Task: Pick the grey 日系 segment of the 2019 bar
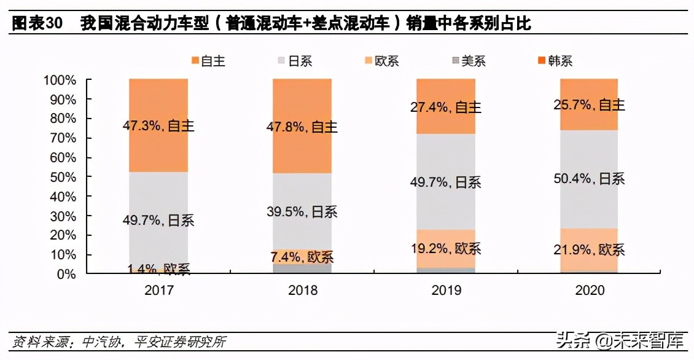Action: [x=445, y=203]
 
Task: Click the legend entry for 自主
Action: [x=208, y=61]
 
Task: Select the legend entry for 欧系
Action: [x=382, y=61]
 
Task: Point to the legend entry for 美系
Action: [x=469, y=61]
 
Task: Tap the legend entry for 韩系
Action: [x=555, y=61]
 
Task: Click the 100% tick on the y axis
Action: [x=60, y=80]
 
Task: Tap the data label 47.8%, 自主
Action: [x=302, y=127]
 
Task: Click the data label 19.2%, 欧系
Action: [x=445, y=248]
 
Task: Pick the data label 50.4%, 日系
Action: [x=589, y=179]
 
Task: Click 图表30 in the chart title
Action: [x=37, y=24]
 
